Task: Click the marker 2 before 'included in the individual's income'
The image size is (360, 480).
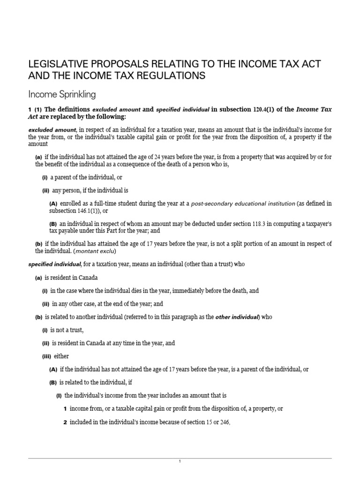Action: [x=66, y=422]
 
